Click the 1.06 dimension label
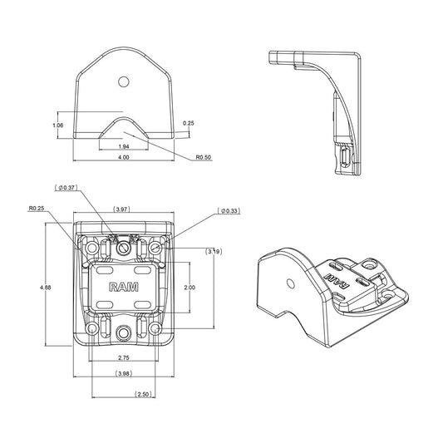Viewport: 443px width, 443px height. coord(58,126)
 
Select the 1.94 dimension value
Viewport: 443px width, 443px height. coord(124,146)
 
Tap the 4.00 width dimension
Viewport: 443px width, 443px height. coord(124,157)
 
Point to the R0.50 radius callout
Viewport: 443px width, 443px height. coord(204,157)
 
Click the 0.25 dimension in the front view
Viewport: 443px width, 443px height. coord(189,123)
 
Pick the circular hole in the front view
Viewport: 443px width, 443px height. coord(124,82)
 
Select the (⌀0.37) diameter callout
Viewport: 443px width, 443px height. coord(66,188)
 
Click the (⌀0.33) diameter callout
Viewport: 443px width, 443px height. coord(229,211)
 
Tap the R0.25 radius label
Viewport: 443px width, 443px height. coord(37,209)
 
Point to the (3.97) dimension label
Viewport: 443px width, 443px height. coord(122,209)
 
